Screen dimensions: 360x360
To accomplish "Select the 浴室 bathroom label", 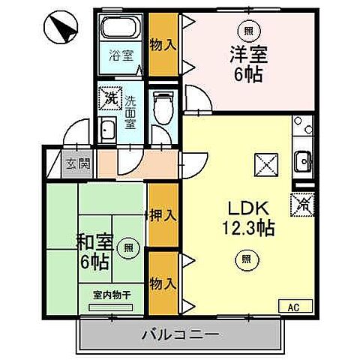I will (x=121, y=55).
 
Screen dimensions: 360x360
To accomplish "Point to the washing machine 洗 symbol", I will (x=110, y=97).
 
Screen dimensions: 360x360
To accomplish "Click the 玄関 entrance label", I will (x=72, y=163).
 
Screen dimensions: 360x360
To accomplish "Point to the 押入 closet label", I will (x=163, y=215).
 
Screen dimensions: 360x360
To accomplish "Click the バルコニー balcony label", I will (x=179, y=334).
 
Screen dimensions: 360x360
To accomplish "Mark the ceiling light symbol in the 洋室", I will (x=247, y=31).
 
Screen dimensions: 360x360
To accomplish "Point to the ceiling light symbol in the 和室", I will (x=130, y=246).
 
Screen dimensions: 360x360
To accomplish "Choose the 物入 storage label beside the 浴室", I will (x=163, y=45).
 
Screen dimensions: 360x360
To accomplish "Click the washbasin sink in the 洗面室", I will (x=108, y=130).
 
